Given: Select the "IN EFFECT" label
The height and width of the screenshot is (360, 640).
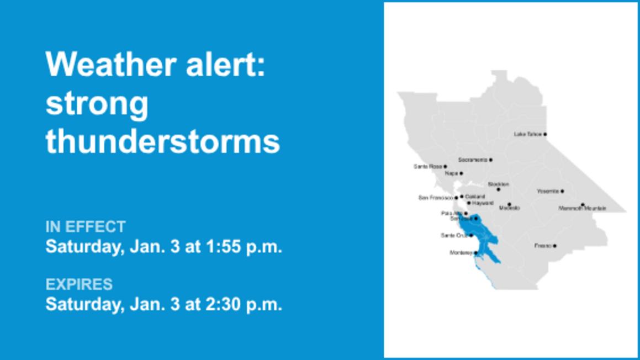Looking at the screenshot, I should point(86,227).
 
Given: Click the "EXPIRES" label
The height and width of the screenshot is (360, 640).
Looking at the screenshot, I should point(79,284).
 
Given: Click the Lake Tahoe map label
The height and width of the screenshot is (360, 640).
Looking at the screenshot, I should point(527,134).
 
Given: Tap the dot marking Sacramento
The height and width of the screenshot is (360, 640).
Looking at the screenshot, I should point(490,160).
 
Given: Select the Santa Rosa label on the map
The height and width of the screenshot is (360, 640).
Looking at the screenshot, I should point(427,166).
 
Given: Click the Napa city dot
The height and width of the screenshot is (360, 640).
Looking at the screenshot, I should point(461,173).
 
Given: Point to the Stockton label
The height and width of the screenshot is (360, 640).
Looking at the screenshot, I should point(498,184).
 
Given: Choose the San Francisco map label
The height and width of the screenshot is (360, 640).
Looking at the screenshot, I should point(436,198).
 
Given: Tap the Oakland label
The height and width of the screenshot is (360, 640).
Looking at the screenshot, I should point(475,197).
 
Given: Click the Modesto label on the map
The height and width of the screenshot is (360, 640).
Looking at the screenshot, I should point(509,208).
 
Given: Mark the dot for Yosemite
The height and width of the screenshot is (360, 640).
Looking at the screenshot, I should point(562,192).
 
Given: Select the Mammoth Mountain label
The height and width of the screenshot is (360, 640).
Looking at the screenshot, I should point(582,209).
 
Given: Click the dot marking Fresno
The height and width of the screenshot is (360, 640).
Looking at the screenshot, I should point(554,246).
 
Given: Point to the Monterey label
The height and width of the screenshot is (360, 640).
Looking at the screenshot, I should point(461,253).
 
